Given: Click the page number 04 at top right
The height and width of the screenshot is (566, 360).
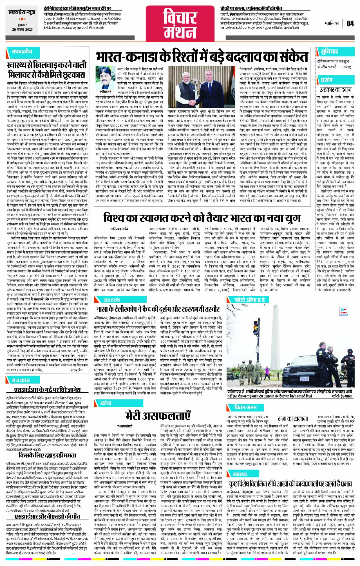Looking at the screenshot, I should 350,23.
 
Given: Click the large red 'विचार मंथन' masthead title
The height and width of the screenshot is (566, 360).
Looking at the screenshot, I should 180,24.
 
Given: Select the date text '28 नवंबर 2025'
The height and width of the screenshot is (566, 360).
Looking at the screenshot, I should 23,29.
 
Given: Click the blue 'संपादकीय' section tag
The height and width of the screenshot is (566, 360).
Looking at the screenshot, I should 22,52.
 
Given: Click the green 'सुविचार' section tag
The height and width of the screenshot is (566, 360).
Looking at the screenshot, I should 329,51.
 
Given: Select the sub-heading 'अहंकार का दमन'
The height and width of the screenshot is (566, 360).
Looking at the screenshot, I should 335,90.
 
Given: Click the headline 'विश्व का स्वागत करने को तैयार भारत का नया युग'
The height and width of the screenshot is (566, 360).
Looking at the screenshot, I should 202,218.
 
